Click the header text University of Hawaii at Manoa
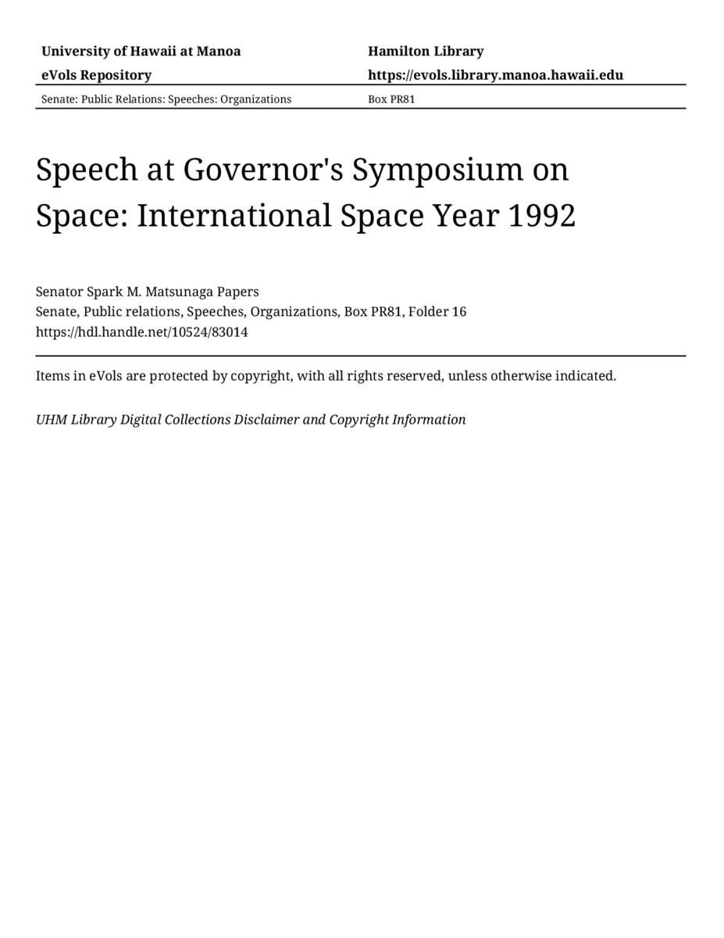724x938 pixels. click(141, 52)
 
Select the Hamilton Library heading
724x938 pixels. click(426, 52)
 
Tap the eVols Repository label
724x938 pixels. click(96, 75)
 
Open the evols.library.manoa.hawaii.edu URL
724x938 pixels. click(495, 75)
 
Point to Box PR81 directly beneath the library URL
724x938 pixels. click(391, 99)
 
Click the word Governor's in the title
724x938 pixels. click(263, 170)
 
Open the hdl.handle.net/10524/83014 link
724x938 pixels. click(141, 331)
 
